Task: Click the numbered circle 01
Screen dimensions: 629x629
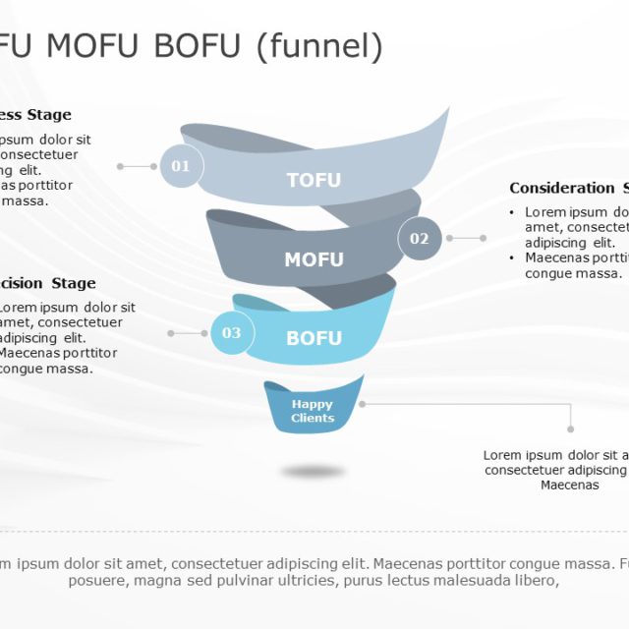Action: [x=181, y=166]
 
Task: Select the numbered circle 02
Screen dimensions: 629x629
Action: [x=420, y=239]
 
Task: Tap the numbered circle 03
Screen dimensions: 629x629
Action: [x=231, y=333]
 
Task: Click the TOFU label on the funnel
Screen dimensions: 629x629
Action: [x=314, y=180]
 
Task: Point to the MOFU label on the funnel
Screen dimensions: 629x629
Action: [x=314, y=259]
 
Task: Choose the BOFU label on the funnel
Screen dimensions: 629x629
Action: [x=314, y=338]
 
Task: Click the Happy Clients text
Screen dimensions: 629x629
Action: [x=313, y=411]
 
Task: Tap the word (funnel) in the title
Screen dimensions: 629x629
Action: [x=318, y=46]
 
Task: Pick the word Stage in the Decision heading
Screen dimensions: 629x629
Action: [x=74, y=283]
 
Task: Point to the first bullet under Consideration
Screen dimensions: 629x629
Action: [x=510, y=212]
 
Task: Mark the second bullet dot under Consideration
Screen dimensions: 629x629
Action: [x=510, y=257]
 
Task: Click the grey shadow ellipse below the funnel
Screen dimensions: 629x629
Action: [x=313, y=471]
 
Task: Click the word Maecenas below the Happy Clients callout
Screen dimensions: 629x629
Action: [x=569, y=485]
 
